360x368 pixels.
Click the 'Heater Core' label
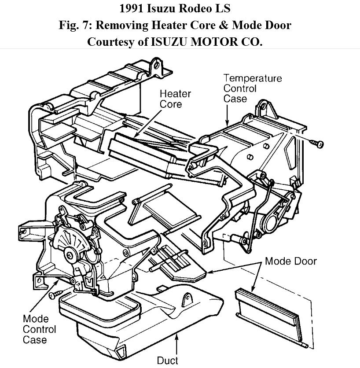[x=175, y=99]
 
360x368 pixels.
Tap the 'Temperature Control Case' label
[x=252, y=88]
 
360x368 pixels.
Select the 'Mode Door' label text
[x=290, y=261]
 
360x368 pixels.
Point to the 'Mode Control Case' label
[x=39, y=329]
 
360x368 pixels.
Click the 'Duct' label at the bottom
[x=168, y=361]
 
